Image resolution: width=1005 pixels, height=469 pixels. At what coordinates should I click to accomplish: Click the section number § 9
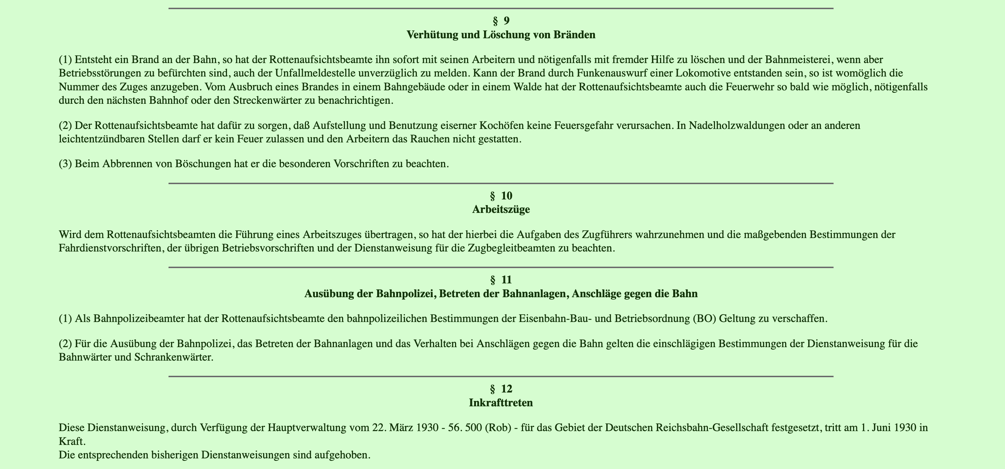pyautogui.click(x=501, y=21)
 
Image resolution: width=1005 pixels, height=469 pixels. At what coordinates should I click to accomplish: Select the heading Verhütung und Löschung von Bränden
pyautogui.click(x=501, y=35)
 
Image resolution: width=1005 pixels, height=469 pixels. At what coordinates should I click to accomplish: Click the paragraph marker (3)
pyautogui.click(x=66, y=164)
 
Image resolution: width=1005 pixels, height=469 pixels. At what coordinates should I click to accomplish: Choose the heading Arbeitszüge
pyautogui.click(x=501, y=210)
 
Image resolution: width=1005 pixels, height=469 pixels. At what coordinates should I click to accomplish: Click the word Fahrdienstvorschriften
pyautogui.click(x=110, y=249)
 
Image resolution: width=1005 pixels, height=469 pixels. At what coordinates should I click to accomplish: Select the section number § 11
pyautogui.click(x=501, y=280)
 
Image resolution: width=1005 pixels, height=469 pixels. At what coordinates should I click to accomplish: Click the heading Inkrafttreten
pyautogui.click(x=501, y=403)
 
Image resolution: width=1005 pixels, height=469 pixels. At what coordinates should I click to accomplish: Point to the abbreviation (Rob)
pyautogui.click(x=498, y=428)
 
